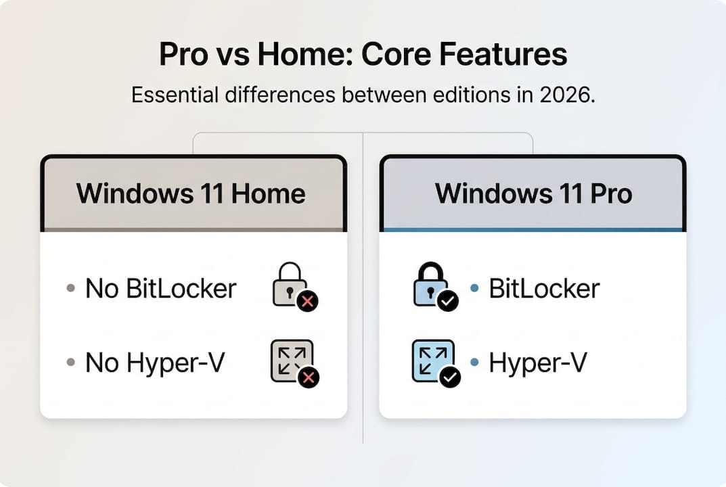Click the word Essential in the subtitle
click(x=175, y=95)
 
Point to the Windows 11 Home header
click(x=191, y=194)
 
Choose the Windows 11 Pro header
click(x=533, y=194)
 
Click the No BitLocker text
click(x=161, y=289)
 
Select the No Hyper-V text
click(x=155, y=363)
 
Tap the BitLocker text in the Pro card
click(x=544, y=289)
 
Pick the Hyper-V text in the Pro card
click(x=538, y=363)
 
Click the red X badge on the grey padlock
click(x=308, y=302)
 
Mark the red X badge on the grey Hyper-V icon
click(x=309, y=377)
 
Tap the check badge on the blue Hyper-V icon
click(x=449, y=377)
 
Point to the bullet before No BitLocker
click(x=70, y=289)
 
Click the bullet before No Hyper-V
click(x=70, y=363)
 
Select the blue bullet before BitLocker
click(x=474, y=289)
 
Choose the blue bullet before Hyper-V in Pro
click(x=474, y=363)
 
